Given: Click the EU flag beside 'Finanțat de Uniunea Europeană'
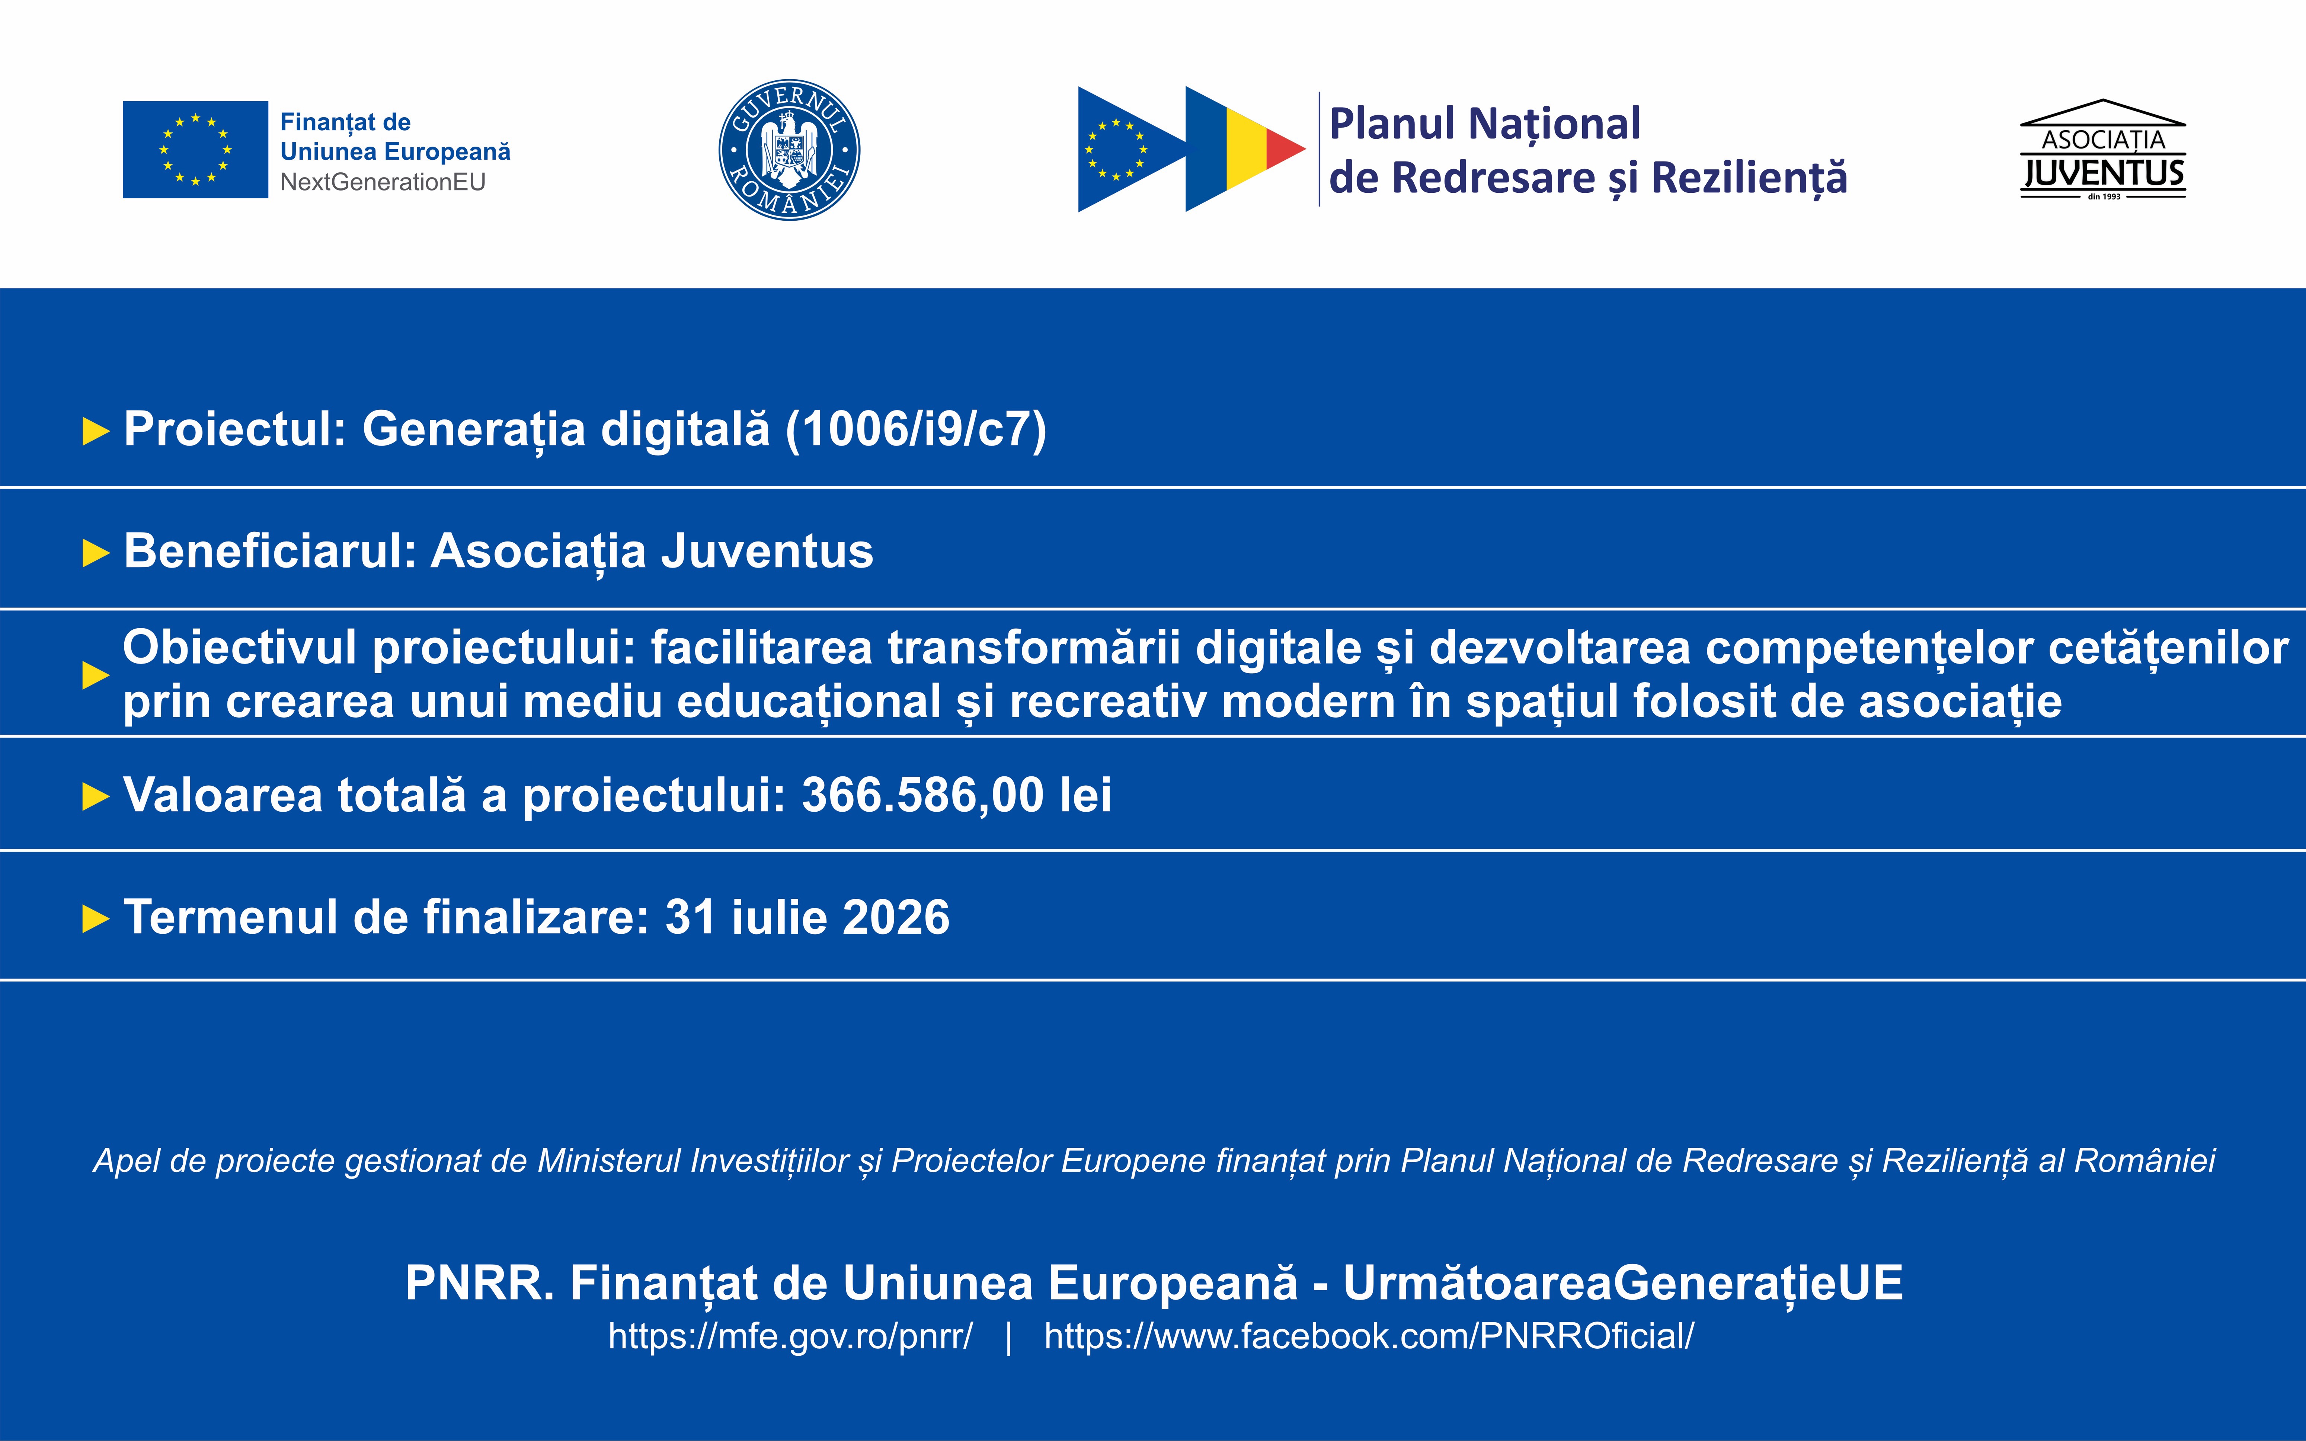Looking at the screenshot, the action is point(195,150).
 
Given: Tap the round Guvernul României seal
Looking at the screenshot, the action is point(789,150).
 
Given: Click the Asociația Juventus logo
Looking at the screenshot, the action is point(2103,150).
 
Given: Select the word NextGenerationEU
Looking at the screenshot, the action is point(383,182).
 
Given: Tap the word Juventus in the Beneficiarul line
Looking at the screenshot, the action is point(767,551).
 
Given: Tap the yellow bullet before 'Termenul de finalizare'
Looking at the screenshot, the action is point(96,919).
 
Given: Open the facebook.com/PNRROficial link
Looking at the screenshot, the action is point(1369,1336).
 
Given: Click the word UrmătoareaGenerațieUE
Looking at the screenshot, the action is point(1623,1283).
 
